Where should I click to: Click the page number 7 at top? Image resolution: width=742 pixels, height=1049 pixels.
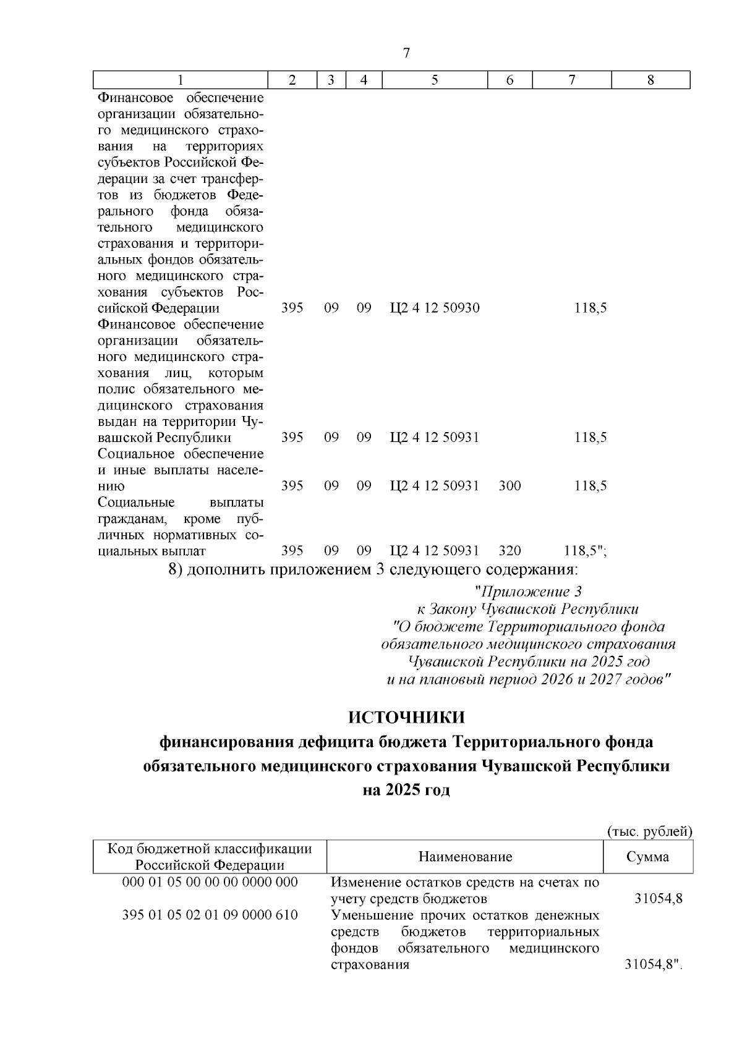tap(406, 53)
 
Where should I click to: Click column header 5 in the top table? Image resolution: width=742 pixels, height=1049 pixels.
tap(435, 80)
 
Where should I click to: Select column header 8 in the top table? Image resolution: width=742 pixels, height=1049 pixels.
tap(650, 80)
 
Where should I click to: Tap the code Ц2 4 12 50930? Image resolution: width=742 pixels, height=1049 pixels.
tap(435, 308)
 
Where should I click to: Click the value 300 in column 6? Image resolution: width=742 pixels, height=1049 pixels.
tap(510, 486)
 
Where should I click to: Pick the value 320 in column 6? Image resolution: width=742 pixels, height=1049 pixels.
tap(510, 551)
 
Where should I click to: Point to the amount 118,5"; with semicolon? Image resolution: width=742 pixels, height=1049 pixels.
tap(585, 551)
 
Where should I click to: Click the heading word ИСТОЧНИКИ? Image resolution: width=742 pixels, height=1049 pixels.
tap(406, 718)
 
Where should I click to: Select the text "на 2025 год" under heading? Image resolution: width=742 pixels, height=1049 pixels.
tap(406, 790)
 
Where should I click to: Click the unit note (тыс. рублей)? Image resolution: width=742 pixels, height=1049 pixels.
tap(650, 831)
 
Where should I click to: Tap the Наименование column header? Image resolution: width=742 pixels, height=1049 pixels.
tap(465, 857)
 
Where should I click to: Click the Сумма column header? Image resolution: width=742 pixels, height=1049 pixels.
tap(647, 857)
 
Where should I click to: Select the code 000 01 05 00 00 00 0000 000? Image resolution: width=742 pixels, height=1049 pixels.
tap(210, 882)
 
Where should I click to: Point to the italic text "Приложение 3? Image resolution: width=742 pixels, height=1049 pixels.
tap(527, 591)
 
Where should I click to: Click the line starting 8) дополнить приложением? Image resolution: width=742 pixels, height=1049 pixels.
tap(373, 569)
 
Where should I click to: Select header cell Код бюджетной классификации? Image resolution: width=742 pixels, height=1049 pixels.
tap(210, 849)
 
